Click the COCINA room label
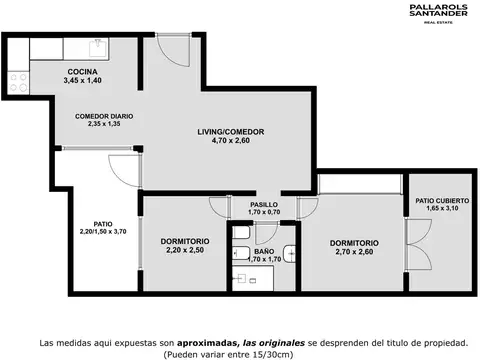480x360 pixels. tap(82, 71)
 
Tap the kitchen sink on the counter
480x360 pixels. tap(97, 47)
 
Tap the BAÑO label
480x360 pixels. tap(263, 251)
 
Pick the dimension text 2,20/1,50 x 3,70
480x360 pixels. tap(103, 232)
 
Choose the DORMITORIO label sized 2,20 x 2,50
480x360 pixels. tap(184, 241)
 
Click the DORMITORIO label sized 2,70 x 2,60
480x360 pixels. tap(354, 242)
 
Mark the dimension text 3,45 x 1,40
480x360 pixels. tap(82, 80)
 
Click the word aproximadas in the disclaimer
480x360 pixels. tap(197, 341)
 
